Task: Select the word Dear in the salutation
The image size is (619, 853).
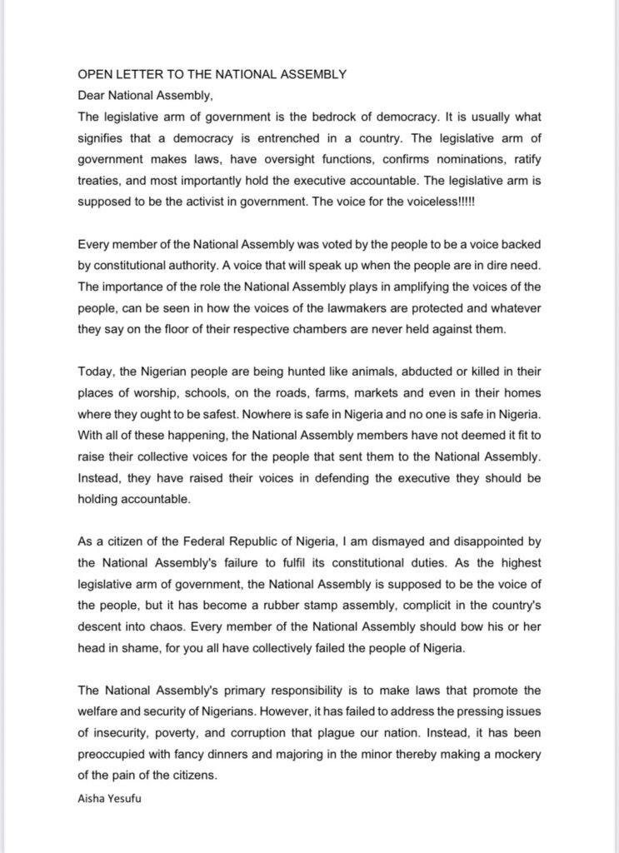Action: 91,94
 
